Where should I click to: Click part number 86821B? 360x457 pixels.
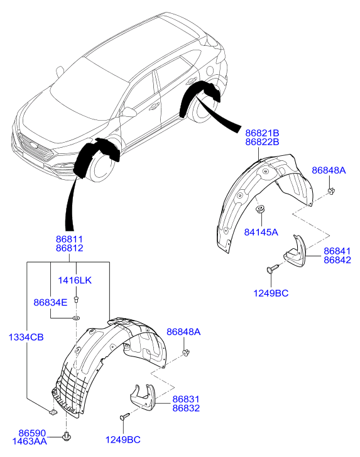pos(262,133)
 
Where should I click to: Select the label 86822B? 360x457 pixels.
pos(262,142)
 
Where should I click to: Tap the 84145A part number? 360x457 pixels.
pos(261,233)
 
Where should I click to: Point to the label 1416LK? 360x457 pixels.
pos(75,280)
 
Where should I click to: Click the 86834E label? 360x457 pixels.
pos(50,302)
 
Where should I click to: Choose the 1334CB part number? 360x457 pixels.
pos(26,338)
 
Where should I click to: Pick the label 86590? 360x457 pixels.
pos(32,433)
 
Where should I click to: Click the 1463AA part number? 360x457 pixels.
pos(30,441)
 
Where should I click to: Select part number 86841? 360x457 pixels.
pos(337,251)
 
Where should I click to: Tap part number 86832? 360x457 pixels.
pos(186,408)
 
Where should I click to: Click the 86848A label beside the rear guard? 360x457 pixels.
pos(329,170)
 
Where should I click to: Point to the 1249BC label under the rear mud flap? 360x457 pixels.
pos(271,293)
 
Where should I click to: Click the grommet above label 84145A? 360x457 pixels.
pos(260,209)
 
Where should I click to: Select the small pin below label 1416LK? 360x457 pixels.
pos(76,299)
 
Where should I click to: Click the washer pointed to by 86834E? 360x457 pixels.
pos(76,318)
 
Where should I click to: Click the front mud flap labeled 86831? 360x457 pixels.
pos(143,397)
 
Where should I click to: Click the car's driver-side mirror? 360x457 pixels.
pos(128,113)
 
